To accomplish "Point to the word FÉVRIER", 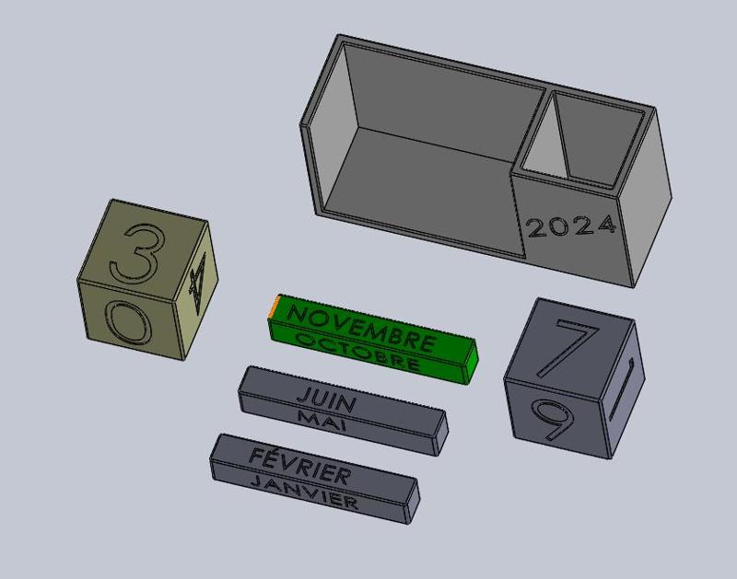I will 299,466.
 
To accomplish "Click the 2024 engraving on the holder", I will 571,226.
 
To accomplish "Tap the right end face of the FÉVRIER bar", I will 412,498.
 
